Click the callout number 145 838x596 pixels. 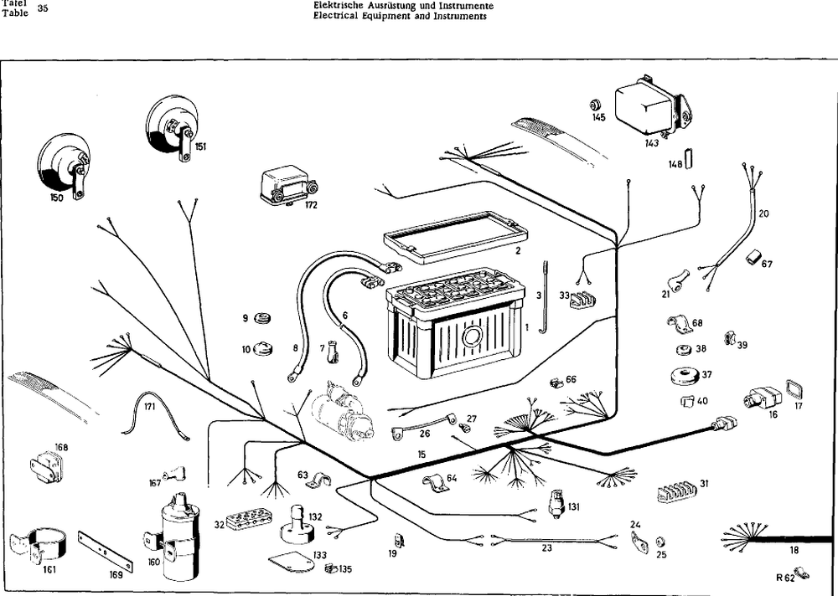coord(598,117)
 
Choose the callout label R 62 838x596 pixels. coord(784,578)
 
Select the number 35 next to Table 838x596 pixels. coord(44,8)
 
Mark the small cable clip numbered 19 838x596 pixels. coord(399,541)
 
